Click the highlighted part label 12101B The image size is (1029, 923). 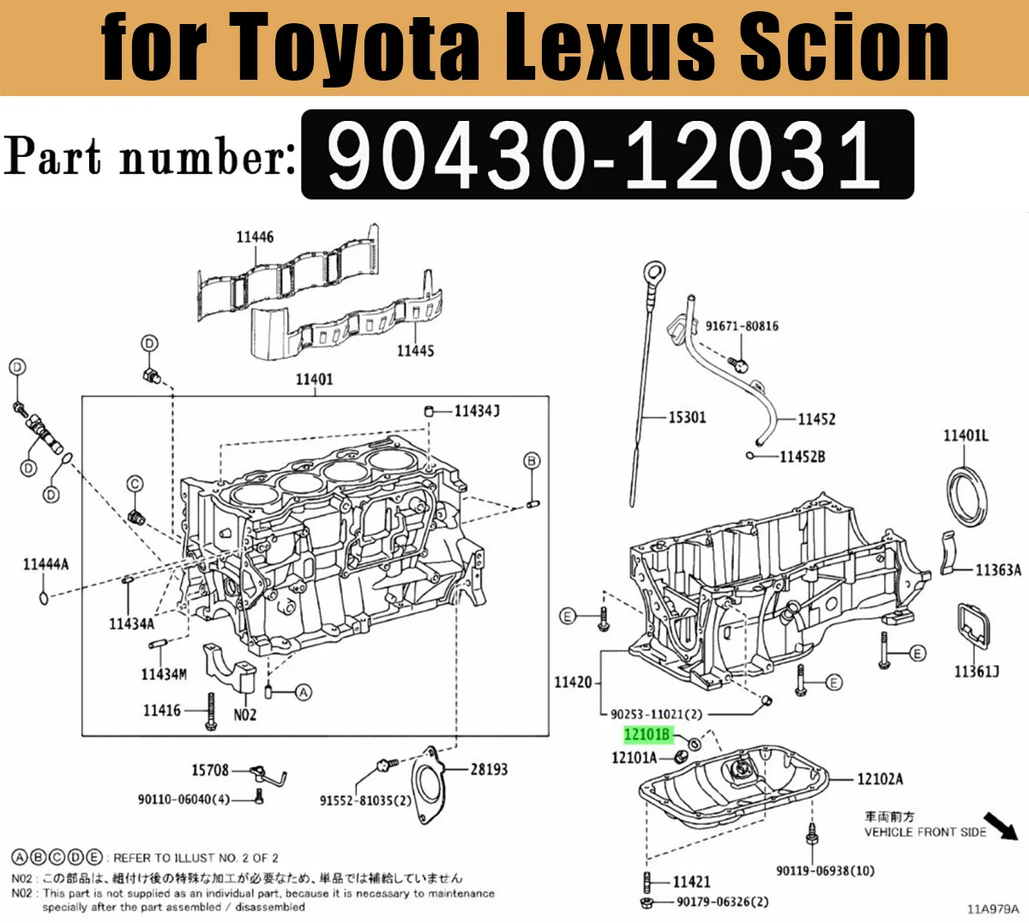(647, 734)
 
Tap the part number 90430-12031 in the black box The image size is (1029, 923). (605, 155)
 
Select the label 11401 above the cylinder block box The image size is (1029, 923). (314, 379)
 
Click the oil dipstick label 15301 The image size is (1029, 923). (687, 418)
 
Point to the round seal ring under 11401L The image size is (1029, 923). (966, 495)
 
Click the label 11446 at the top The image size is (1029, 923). (255, 237)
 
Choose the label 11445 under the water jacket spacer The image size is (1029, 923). (415, 351)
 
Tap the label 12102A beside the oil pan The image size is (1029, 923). (880, 779)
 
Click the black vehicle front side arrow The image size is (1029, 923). (1001, 825)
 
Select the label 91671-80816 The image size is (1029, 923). (742, 326)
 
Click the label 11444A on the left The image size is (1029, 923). (45, 564)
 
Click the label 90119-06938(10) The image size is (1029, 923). (825, 871)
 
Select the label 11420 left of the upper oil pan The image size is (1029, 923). (573, 682)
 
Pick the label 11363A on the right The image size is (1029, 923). (998, 570)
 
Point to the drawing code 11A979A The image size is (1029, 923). (993, 909)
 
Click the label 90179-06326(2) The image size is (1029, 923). (722, 902)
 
